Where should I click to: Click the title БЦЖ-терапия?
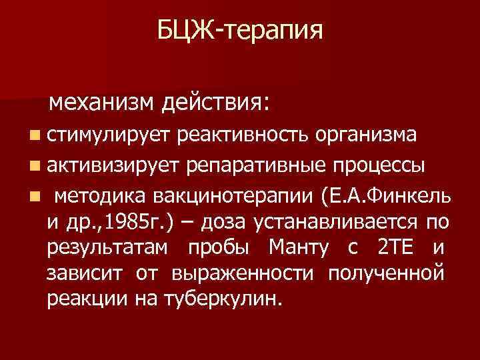pos(240,30)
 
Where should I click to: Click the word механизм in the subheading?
pos(102,103)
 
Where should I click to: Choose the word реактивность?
pos(243,136)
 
